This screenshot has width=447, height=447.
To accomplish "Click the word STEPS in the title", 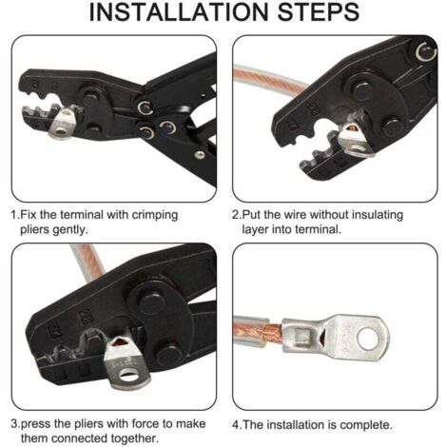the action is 319,12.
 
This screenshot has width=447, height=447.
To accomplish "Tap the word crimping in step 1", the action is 155,216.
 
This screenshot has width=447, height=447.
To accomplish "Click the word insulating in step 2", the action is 378,216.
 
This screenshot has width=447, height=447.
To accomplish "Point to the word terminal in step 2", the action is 319,229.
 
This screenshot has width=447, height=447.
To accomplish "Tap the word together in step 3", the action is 134,438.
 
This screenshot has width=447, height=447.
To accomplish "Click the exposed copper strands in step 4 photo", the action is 272,335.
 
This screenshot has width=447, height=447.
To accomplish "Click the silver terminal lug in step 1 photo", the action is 64,123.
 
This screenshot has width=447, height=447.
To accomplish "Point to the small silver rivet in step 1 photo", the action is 199,154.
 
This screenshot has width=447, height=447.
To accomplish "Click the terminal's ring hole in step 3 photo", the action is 128,376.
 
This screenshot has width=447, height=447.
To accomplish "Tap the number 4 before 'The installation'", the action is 236,425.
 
